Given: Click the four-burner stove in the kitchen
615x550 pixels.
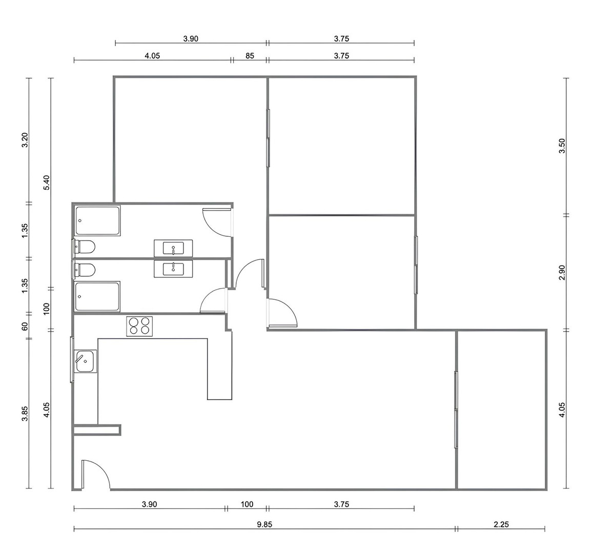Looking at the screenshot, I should [139, 326].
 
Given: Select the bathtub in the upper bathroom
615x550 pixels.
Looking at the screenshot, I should [98, 221].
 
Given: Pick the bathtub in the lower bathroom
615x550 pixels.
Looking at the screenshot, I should [98, 296].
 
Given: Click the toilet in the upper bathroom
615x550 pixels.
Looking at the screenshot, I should [84, 248].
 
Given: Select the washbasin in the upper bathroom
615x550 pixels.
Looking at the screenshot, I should [174, 249].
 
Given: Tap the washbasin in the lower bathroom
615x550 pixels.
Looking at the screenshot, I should [174, 268].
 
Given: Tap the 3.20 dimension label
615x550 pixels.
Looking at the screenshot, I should [24, 140].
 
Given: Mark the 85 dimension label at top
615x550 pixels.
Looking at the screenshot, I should [250, 56].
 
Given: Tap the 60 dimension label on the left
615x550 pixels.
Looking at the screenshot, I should [24, 326].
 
